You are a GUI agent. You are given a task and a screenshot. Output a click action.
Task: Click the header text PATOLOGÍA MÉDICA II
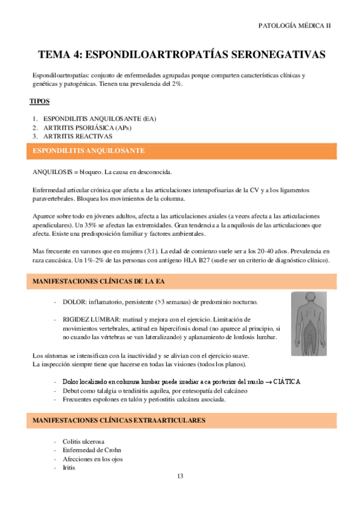(293, 26)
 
